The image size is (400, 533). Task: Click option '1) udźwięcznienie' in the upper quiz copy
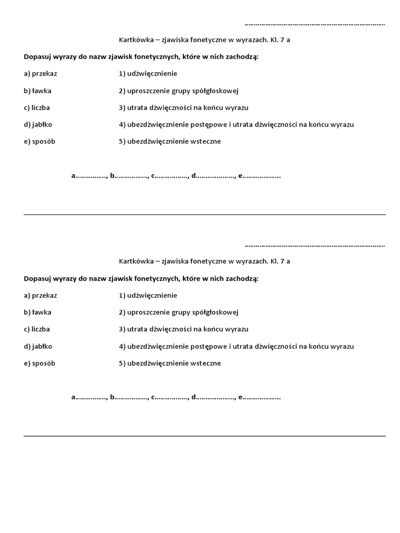148,74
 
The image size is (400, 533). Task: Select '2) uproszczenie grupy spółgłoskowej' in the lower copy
178,312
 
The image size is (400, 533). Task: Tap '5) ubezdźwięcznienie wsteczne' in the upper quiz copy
170,142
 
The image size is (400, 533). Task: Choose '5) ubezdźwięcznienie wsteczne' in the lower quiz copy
170,363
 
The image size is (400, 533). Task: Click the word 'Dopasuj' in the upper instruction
37,57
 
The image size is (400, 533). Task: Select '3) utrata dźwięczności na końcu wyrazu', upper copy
183,108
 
